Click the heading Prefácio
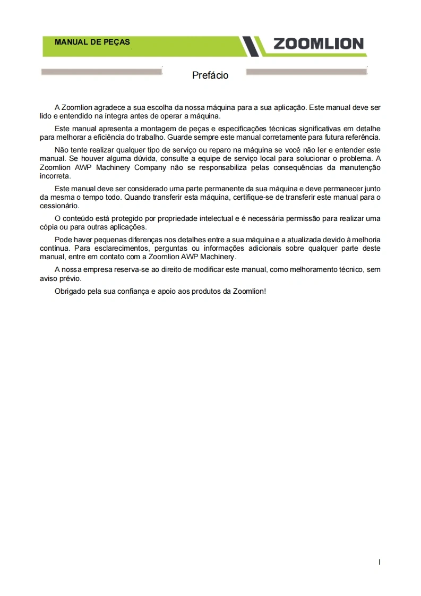tap(210, 75)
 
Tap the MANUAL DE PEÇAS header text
tap(92, 42)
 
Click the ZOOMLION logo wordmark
tap(319, 44)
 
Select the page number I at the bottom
tap(380, 561)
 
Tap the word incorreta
tap(55, 175)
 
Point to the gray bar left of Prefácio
tap(101, 72)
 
